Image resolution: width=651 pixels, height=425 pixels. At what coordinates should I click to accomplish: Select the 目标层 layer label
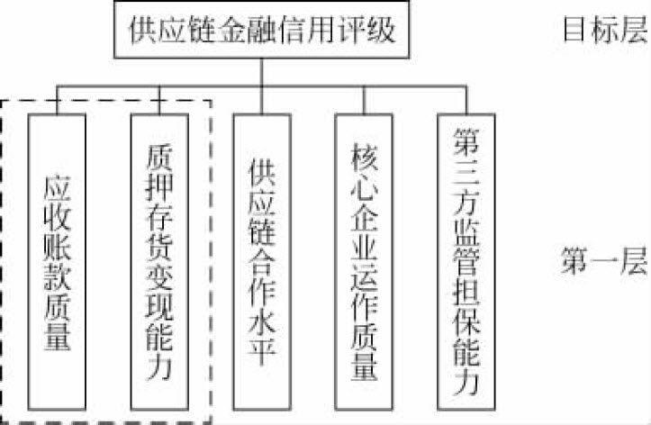click(605, 31)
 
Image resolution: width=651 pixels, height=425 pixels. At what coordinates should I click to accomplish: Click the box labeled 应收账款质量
click(58, 260)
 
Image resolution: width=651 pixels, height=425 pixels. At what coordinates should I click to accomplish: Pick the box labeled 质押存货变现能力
click(158, 260)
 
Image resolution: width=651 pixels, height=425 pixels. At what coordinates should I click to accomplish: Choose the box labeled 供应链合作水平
click(261, 260)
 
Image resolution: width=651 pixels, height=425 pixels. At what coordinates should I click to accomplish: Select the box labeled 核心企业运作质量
click(364, 260)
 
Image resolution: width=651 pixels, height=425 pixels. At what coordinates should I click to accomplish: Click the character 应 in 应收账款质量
click(58, 187)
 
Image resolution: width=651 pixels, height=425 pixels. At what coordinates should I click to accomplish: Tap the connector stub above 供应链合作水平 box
click(262, 102)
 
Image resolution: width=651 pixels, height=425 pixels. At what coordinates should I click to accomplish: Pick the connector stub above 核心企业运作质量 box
click(364, 102)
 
